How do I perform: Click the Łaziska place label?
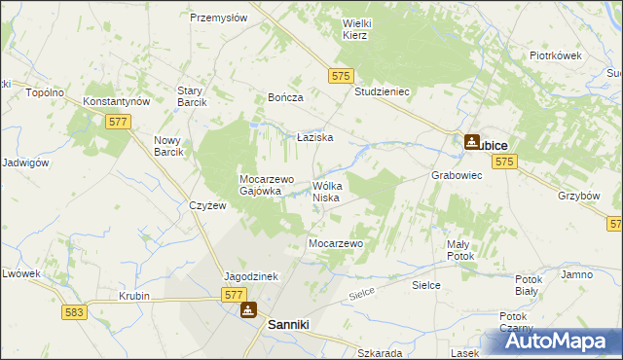click(x=315, y=138)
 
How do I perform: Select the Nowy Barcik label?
click(x=168, y=147)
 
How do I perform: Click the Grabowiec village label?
click(x=457, y=176)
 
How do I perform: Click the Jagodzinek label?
click(x=251, y=276)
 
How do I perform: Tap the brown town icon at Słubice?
click(x=471, y=142)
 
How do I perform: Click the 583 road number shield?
click(x=73, y=312)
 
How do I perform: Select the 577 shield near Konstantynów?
click(x=117, y=121)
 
